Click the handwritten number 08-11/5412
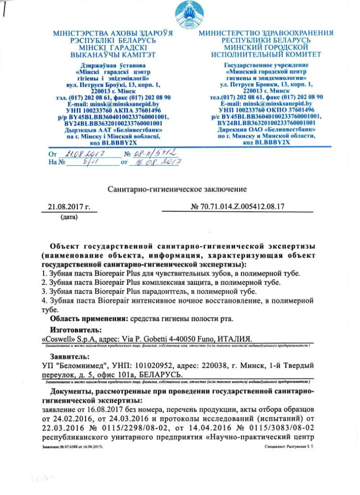(x=152, y=154)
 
